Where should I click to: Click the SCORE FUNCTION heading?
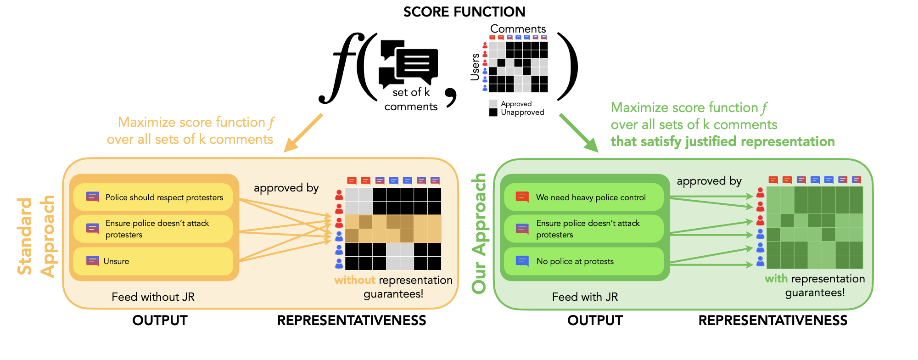click(464, 12)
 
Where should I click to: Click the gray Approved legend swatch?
click(493, 104)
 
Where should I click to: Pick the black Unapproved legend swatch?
click(493, 112)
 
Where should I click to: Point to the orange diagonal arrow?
click(303, 133)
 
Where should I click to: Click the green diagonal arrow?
click(579, 133)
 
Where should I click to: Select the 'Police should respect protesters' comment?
click(153, 197)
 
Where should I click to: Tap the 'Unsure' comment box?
click(153, 261)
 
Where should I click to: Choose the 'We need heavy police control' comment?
click(584, 197)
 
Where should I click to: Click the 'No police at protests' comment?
click(584, 261)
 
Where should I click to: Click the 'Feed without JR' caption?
click(153, 297)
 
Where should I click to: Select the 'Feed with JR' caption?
click(585, 297)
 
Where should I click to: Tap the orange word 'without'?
click(355, 280)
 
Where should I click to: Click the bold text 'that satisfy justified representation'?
click(722, 141)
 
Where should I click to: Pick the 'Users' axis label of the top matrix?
click(475, 67)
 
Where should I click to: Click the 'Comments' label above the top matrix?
click(518, 29)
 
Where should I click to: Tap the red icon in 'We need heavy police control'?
click(522, 197)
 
